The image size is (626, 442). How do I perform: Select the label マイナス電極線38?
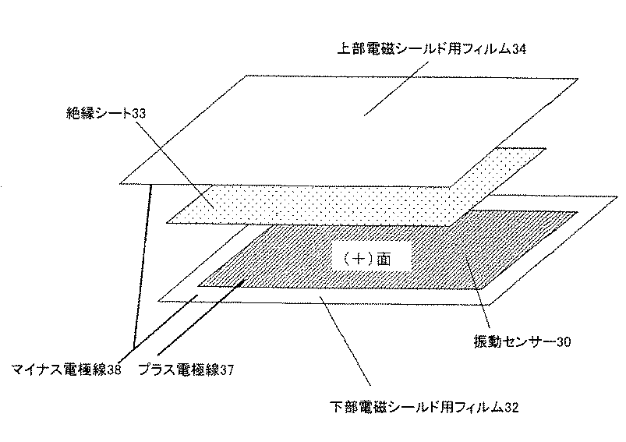(x=66, y=370)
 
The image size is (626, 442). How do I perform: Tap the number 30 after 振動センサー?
(x=567, y=341)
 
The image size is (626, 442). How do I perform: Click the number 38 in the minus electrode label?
(x=113, y=370)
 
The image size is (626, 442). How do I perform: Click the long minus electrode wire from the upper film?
(x=142, y=265)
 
